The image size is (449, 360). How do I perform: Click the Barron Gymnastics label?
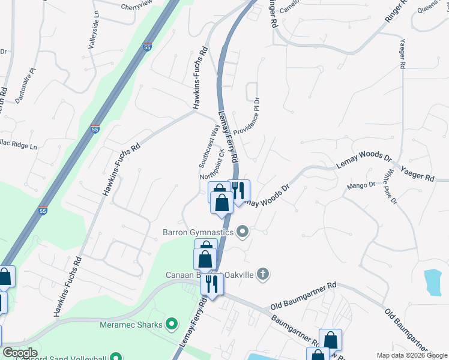point(199,232)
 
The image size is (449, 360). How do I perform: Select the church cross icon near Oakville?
point(262,275)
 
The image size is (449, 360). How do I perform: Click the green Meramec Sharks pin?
point(172,325)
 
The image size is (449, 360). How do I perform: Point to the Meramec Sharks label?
point(131,325)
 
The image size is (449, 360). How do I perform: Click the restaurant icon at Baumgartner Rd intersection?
point(212,283)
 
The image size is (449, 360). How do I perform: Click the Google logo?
point(19,353)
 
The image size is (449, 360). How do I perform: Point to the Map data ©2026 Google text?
point(411,355)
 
